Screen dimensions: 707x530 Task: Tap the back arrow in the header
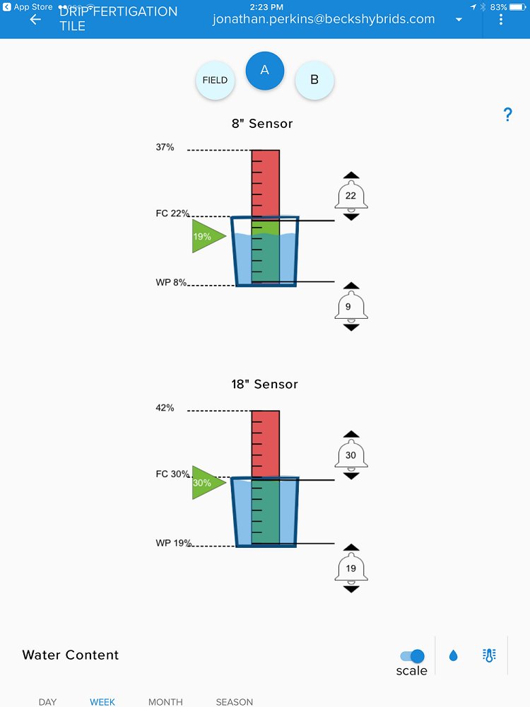point(35,19)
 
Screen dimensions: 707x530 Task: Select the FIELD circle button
point(215,80)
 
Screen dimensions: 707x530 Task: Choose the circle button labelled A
point(265,70)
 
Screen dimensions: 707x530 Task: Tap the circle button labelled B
point(314,80)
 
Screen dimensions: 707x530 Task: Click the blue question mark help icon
point(507,115)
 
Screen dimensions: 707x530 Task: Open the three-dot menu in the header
point(501,19)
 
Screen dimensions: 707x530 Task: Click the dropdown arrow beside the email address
point(459,20)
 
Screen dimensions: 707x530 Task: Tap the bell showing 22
point(351,197)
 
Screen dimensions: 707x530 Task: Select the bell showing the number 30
point(351,456)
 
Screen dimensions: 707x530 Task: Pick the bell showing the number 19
point(351,568)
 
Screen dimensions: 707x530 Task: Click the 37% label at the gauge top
point(165,148)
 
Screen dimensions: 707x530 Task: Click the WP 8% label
point(172,283)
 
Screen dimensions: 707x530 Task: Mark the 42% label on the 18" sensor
point(165,408)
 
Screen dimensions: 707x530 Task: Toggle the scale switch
point(413,656)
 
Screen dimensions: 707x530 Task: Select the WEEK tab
point(102,701)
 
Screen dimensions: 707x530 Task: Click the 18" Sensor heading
point(265,385)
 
